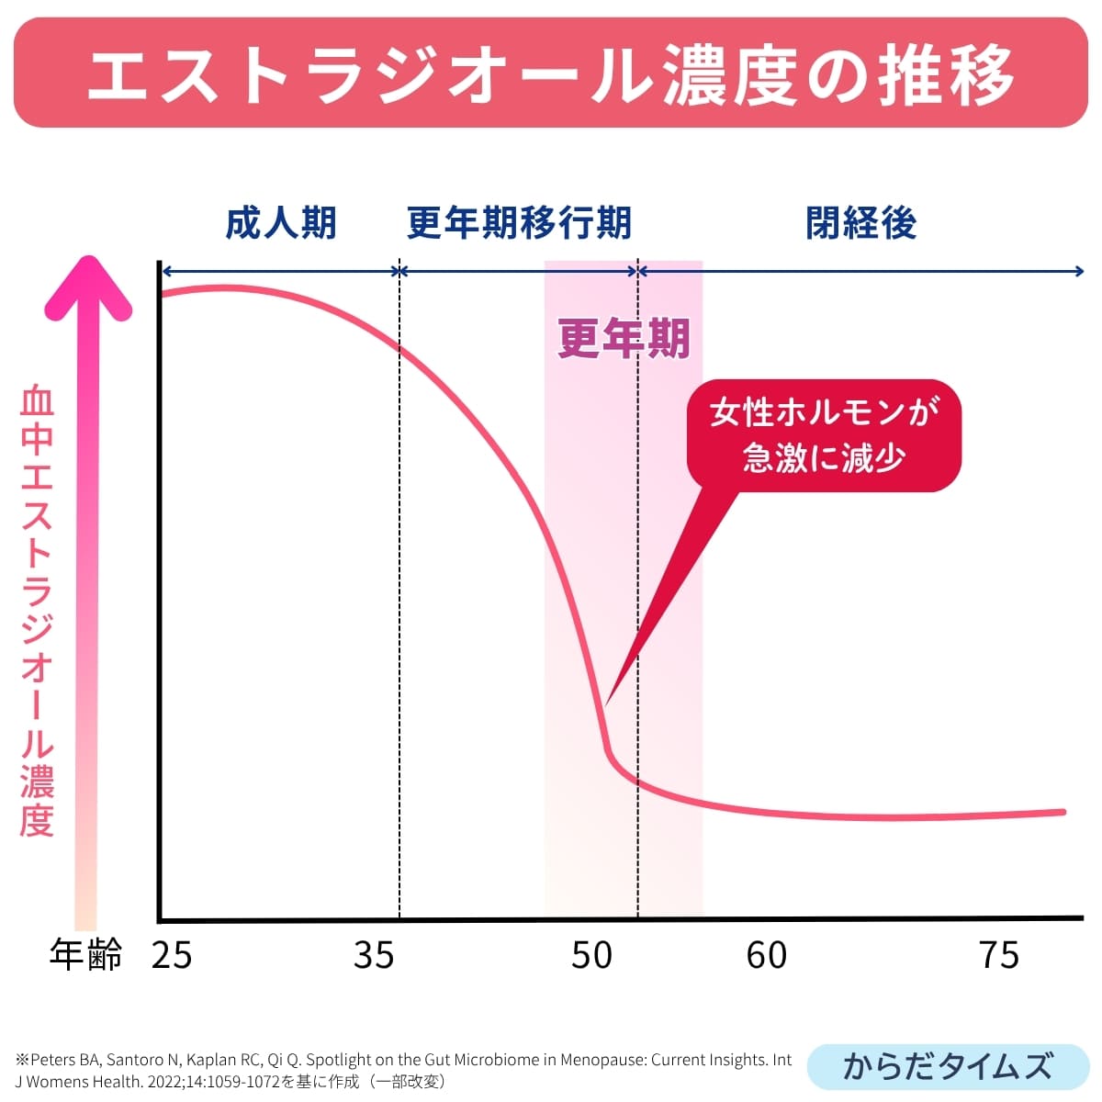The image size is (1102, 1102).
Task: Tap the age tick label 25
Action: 172,955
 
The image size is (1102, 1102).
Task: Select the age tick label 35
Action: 374,955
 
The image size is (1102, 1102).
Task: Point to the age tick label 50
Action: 591,955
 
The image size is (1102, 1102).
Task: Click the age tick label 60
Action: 767,955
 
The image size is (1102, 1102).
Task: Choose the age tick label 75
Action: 1000,955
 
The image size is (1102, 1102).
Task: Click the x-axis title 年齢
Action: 85,955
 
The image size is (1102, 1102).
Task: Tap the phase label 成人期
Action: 281,223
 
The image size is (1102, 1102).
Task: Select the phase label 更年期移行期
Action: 519,223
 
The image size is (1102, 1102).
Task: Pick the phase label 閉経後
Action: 861,223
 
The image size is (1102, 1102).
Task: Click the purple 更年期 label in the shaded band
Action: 624,338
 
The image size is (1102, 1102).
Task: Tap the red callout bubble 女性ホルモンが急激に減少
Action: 824,435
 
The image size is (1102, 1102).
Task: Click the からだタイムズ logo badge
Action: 947,1066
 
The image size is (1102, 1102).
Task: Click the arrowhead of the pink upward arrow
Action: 88,285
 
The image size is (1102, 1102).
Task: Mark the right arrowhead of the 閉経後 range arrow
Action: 1081,271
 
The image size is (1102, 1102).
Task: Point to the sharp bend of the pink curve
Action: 608,751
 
